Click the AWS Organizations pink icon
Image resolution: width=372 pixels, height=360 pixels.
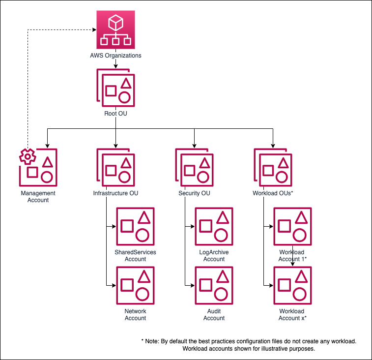(115, 30)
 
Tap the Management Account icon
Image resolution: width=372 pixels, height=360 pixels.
(38, 167)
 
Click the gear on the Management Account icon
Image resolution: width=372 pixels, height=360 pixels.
(27, 156)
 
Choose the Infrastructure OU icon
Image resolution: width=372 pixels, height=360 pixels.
(115, 167)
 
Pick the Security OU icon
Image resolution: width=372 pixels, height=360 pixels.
(195, 167)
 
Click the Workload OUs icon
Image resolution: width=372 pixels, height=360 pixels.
(273, 167)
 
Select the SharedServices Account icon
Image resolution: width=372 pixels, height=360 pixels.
(135, 227)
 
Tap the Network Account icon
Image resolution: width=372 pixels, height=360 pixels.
(135, 286)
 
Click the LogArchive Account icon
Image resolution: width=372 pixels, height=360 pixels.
(214, 227)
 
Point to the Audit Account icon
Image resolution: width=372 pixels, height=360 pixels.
(214, 286)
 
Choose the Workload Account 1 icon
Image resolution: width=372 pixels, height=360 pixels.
(293, 227)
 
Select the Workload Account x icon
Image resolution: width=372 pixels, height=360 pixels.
(293, 286)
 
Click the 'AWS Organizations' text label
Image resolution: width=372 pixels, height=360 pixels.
(115, 56)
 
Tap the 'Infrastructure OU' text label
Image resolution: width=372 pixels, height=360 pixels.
(115, 193)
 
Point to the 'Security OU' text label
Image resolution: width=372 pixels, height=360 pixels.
(194, 193)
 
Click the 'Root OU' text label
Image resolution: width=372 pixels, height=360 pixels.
(115, 114)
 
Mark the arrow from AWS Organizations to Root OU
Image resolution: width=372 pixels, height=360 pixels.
(115, 64)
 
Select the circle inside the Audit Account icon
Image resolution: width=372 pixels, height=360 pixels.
(221, 294)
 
